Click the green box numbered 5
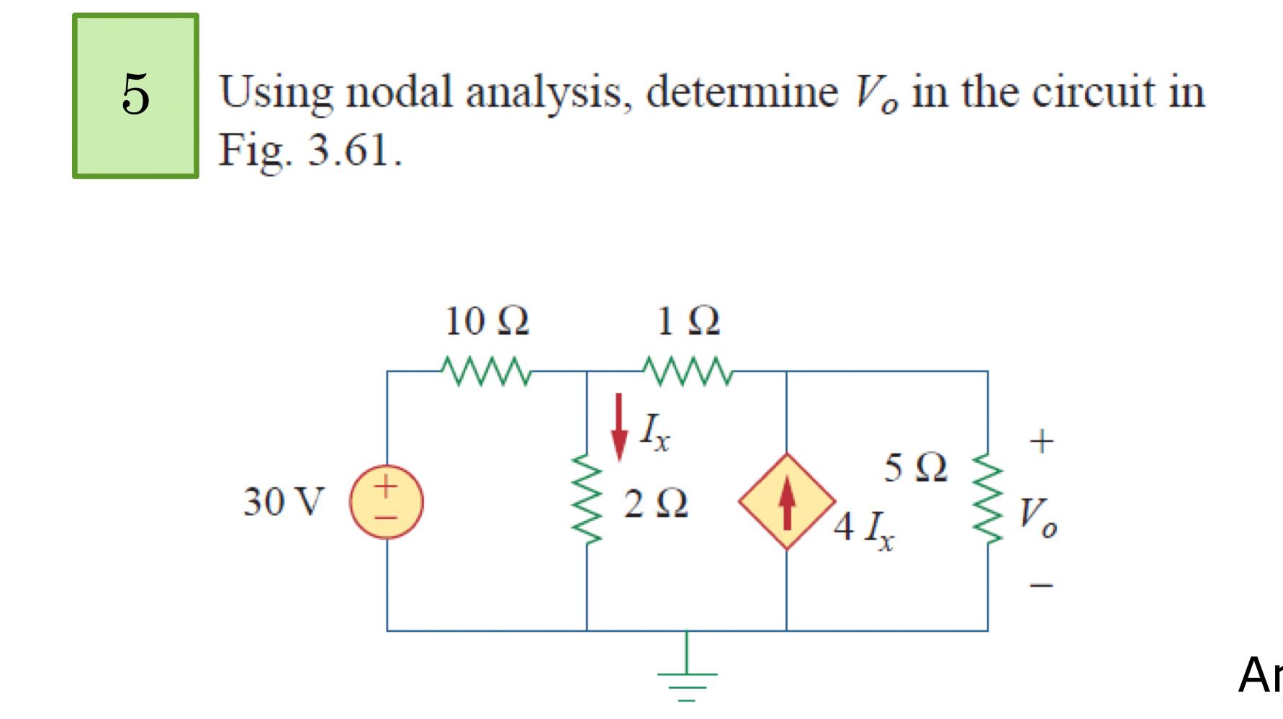135,96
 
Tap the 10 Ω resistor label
487,322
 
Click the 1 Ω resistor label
688,322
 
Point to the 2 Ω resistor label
656,503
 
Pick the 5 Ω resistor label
917,469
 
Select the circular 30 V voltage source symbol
387,502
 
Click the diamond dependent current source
787,502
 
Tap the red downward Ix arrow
618,426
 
